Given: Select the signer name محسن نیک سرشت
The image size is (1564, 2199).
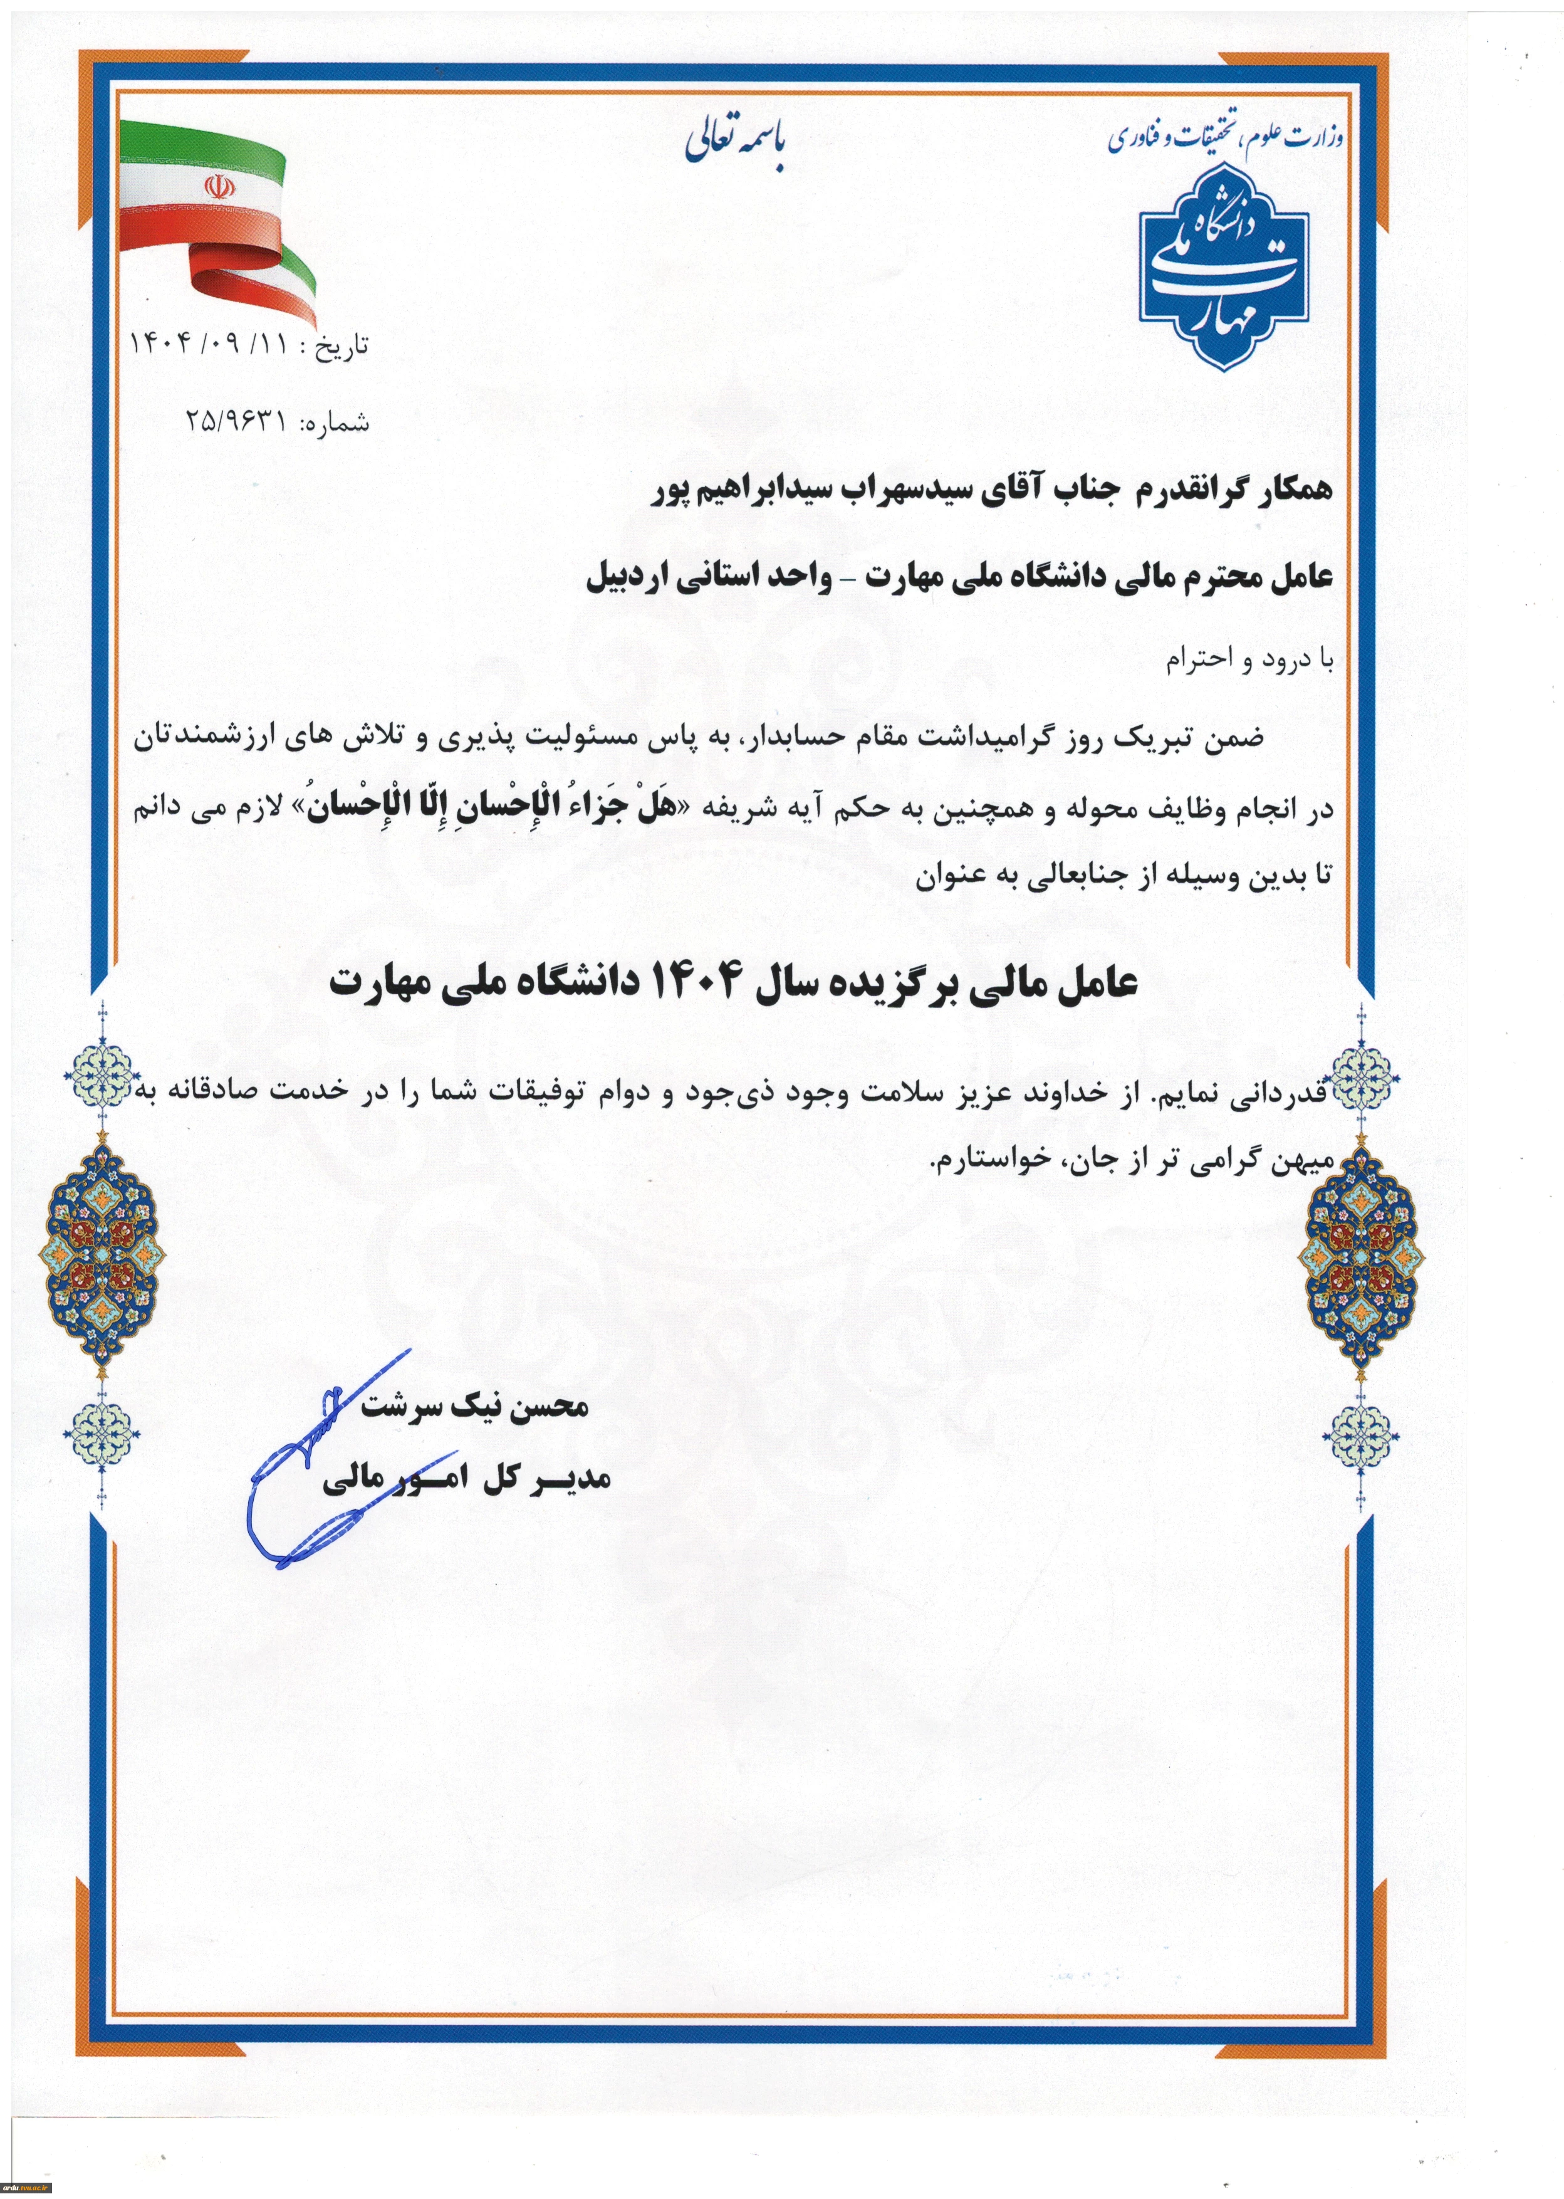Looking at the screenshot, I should coord(474,1408).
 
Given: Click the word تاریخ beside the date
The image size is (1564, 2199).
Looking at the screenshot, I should coord(342,347).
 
